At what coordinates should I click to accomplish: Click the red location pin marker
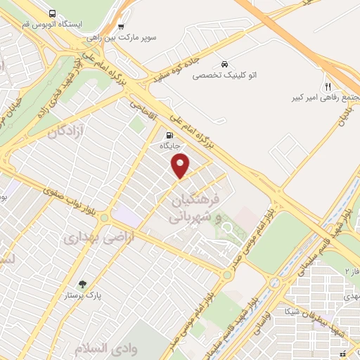pos(181,165)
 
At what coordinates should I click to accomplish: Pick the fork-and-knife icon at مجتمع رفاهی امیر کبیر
pos(328,84)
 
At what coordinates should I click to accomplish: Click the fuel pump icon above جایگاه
pos(169,135)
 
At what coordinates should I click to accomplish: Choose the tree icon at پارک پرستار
pos(83,285)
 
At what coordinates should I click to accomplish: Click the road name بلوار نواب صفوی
pos(42,189)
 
